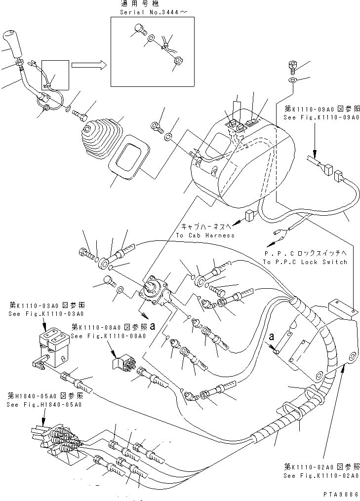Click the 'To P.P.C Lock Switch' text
pyautogui.click(x=305, y=262)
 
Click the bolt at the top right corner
pyautogui.click(x=292, y=65)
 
